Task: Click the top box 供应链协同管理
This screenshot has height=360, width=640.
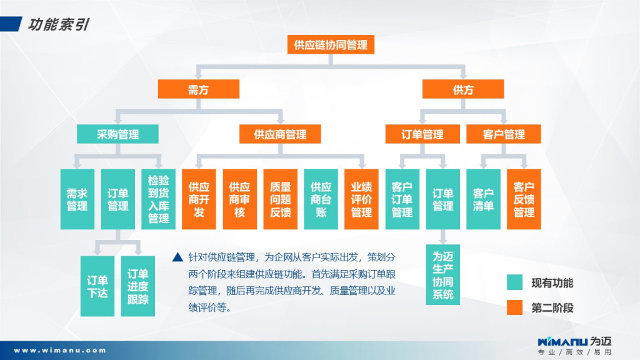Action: click(x=331, y=44)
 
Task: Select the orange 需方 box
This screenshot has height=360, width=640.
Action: click(x=198, y=89)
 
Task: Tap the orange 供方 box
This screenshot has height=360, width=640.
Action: click(x=463, y=89)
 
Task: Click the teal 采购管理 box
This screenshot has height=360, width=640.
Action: click(x=117, y=134)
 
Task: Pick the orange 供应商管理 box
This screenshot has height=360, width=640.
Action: click(x=280, y=134)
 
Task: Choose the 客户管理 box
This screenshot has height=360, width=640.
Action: click(x=504, y=134)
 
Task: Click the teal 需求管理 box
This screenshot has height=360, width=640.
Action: click(x=77, y=199)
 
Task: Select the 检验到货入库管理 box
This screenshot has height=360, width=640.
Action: click(x=158, y=199)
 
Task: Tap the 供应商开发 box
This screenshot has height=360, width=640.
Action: click(x=199, y=199)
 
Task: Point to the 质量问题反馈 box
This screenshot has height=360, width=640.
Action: click(x=280, y=199)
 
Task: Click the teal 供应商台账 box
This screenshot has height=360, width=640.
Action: click(x=321, y=199)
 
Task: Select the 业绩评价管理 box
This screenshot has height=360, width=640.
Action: click(x=361, y=199)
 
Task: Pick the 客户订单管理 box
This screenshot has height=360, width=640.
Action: click(x=402, y=199)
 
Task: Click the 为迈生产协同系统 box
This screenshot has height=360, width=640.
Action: click(x=442, y=274)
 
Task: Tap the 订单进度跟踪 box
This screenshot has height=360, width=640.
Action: click(x=137, y=286)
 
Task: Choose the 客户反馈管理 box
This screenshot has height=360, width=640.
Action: click(x=524, y=199)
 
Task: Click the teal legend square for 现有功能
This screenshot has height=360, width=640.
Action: click(x=514, y=282)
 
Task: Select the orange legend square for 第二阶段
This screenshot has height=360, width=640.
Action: click(x=514, y=307)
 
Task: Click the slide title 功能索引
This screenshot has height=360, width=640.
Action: click(x=57, y=24)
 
